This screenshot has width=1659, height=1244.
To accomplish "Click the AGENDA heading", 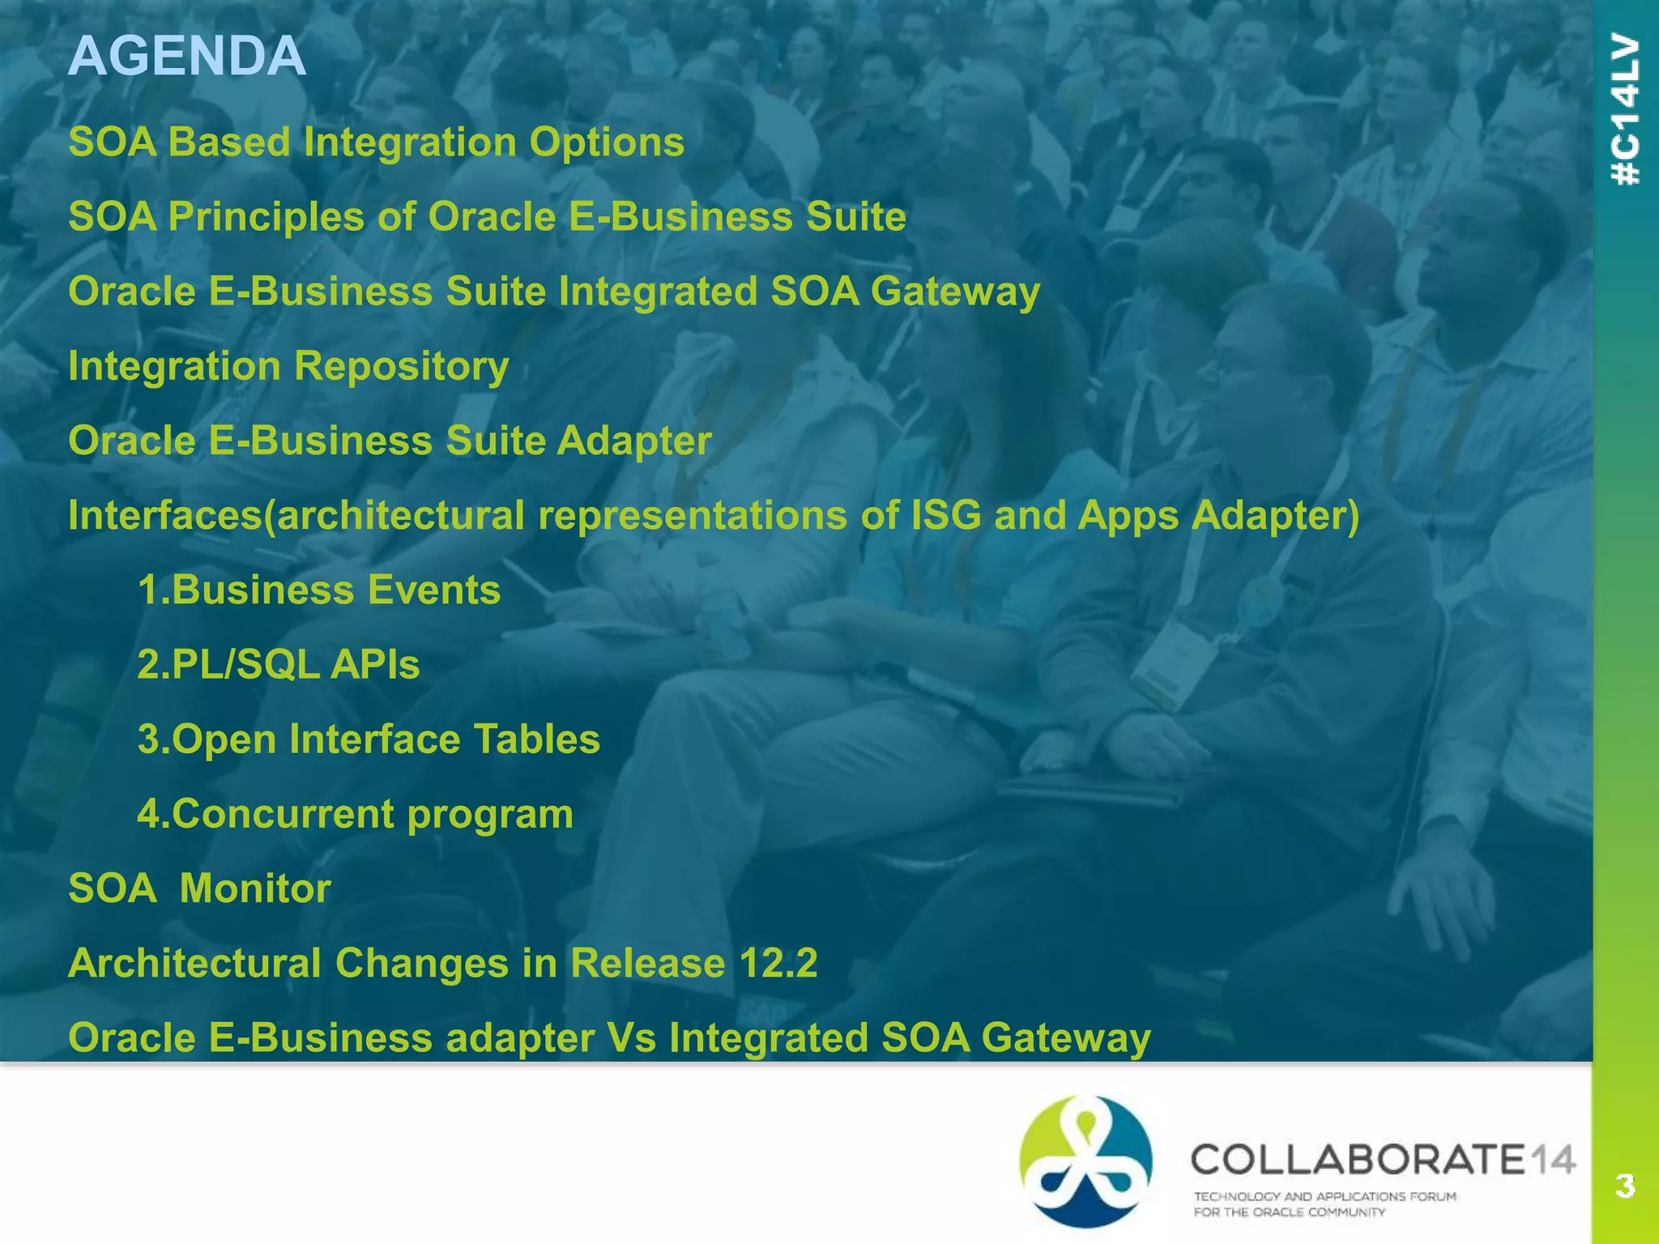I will click(x=187, y=57).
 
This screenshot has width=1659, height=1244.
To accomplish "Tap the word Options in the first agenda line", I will click(x=607, y=143).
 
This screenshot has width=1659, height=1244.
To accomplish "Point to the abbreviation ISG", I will click(x=945, y=515).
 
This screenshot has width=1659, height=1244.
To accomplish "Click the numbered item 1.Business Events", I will click(x=319, y=590).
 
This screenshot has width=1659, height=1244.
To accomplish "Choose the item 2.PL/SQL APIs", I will click(x=279, y=664).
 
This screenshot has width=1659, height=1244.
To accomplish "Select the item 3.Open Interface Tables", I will click(x=369, y=739).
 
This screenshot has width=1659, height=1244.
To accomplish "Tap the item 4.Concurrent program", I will click(x=355, y=813).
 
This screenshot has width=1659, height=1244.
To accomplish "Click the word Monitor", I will click(x=255, y=888).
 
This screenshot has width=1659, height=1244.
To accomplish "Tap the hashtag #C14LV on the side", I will click(x=1626, y=109).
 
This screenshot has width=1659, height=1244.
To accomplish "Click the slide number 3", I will click(x=1625, y=1186).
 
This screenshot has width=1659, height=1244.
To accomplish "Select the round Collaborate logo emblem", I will click(x=1085, y=1161).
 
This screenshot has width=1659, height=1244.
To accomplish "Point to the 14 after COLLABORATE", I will click(x=1551, y=1160).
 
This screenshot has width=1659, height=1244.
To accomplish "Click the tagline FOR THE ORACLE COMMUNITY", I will click(x=1290, y=1212).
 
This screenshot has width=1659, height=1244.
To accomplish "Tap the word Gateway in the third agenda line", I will click(x=955, y=292).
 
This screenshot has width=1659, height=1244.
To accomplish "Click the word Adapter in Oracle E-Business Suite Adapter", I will click(x=634, y=441).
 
